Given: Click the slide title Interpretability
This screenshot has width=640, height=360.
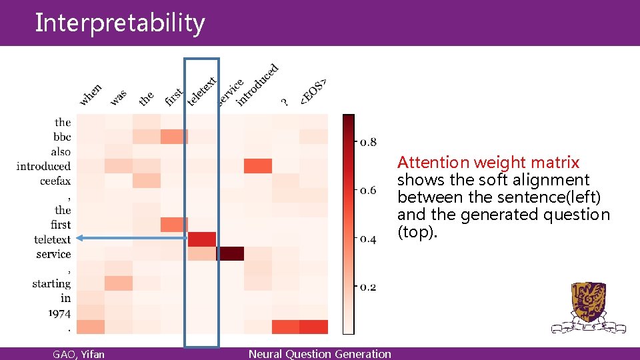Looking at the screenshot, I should click(x=120, y=23).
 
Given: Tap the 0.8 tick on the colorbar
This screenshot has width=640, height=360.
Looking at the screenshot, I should click(x=368, y=142).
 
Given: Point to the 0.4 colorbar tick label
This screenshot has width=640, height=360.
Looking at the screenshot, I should click(x=368, y=239).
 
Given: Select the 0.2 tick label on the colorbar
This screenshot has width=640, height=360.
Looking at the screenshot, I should click(x=368, y=287).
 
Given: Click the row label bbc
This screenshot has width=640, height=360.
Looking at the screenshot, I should click(x=62, y=137).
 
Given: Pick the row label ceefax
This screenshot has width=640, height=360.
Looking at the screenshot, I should click(x=55, y=181).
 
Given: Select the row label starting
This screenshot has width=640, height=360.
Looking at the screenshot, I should click(x=51, y=283).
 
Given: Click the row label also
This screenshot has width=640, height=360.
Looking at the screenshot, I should click(x=61, y=151).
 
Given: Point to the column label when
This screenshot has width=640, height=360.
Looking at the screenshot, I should click(x=91, y=95).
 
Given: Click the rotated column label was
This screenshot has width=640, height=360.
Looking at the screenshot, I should click(x=118, y=97).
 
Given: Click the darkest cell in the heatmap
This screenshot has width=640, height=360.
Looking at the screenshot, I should click(x=230, y=254).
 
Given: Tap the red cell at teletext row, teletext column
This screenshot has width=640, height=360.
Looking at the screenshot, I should click(x=202, y=239).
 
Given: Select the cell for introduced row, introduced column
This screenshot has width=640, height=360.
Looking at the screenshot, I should click(x=258, y=166).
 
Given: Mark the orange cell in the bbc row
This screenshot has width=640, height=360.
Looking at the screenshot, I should click(x=174, y=137).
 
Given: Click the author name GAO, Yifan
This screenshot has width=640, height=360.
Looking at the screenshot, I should click(x=79, y=354).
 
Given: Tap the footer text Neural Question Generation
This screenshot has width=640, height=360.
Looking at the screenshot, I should click(x=320, y=354).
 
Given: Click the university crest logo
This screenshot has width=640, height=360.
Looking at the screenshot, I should click(x=589, y=307).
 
